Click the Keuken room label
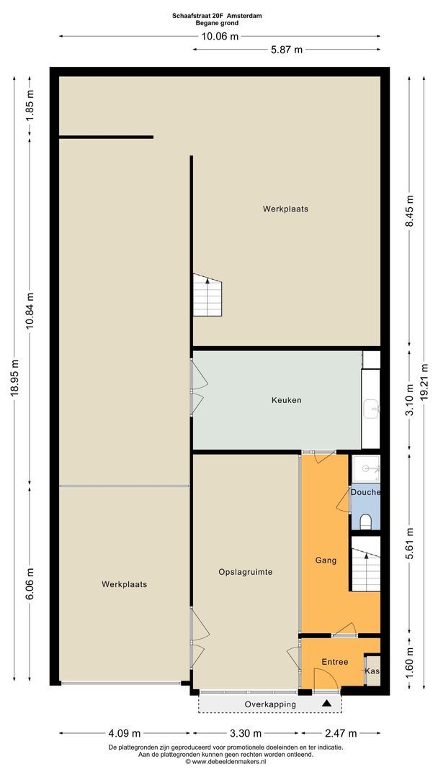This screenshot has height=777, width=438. click(286, 400)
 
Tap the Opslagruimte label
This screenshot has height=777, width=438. click(246, 572)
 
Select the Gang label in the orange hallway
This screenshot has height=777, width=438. click(326, 560)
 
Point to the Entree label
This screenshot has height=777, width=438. click(335, 662)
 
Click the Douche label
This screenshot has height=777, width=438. click(365, 492)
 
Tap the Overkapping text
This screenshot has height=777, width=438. click(270, 704)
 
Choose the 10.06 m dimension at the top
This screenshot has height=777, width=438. click(220, 36)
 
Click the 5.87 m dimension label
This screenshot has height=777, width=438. click(287, 50)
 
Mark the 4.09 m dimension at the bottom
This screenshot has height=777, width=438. click(125, 733)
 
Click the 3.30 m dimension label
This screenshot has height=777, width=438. click(246, 733)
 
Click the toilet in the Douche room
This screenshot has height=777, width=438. click(365, 521)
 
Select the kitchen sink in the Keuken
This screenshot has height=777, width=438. click(371, 409)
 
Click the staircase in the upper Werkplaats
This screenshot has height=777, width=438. click(207, 295)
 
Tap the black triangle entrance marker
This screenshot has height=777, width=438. click(326, 703)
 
